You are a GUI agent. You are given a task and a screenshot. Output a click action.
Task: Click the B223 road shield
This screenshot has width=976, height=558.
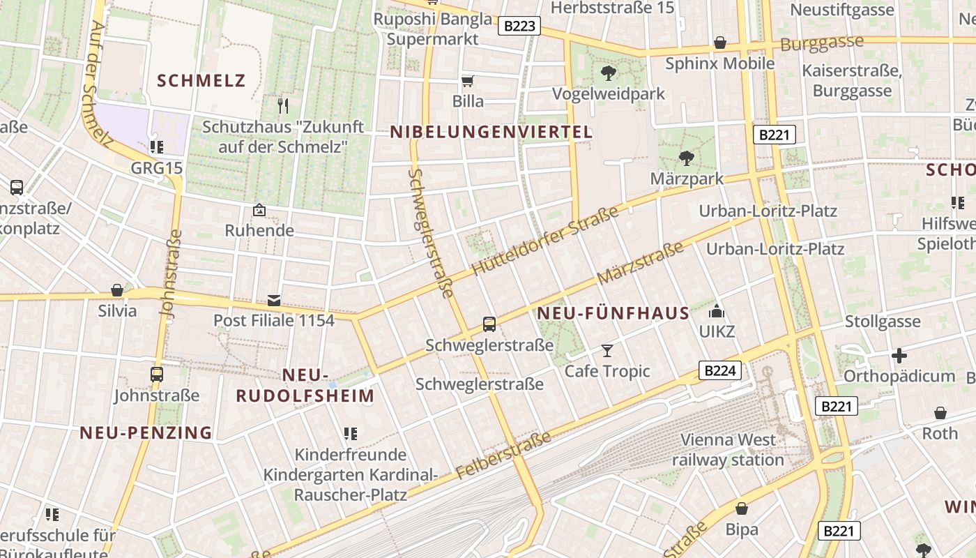coord(519,27)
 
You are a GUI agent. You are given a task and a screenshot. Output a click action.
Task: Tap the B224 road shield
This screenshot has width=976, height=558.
coord(719,370)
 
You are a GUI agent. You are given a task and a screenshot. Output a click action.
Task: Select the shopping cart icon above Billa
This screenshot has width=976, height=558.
coord(468,82)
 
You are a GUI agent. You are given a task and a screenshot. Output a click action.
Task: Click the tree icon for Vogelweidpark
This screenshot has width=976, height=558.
coord(609,73)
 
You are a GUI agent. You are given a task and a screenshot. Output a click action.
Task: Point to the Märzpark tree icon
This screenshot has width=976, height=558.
coord(687,158)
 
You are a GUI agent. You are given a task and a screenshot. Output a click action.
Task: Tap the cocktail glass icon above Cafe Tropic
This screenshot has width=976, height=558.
coord(607,351)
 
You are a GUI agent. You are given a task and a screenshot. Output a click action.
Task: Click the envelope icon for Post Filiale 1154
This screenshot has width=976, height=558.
coord(274,301)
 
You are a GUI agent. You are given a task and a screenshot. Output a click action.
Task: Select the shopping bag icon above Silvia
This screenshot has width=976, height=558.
coord(117,290)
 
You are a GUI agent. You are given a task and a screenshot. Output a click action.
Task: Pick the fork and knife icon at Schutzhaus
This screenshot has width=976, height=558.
coord(282,106)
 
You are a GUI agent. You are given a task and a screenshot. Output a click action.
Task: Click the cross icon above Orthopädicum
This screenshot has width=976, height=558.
coord(899,356)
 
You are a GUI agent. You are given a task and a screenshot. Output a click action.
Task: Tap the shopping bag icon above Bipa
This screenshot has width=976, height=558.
coord(742,509)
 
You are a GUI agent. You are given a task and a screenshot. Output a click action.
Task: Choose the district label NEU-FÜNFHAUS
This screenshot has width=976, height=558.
coord(613,314)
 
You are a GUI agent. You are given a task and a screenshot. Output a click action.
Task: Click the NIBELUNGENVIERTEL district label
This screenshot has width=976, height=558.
coord(491,132)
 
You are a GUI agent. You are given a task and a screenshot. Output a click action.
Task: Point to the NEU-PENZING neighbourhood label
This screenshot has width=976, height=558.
coord(146,432)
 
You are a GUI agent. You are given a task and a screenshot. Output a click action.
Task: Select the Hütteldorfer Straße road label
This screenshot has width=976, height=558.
coord(545,241)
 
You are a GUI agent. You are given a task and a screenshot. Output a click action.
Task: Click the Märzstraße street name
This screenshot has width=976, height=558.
coord(640,264)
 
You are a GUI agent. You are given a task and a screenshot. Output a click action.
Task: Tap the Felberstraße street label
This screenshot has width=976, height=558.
coord(504,455)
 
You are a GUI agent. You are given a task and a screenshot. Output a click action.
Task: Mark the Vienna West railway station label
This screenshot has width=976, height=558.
coord(728,450)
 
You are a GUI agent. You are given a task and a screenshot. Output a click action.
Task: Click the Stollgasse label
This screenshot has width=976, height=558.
coord(883,322)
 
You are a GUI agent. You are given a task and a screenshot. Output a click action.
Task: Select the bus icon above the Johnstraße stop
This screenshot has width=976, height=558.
coord(157,375)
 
